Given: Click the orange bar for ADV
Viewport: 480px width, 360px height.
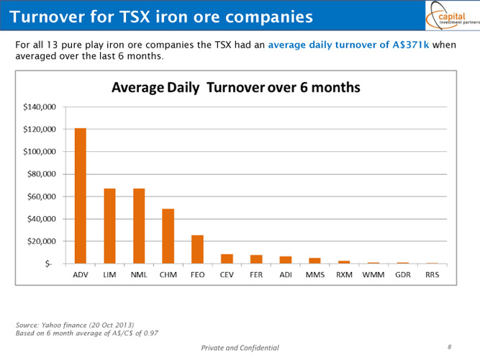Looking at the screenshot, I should coord(80,196).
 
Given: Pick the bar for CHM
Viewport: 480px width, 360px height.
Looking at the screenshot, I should coord(168,236).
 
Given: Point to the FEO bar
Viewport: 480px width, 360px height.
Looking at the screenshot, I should coord(197,249).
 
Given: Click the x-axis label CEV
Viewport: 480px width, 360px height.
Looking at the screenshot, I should coord(227,275).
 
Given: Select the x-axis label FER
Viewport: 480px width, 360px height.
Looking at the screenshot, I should coord(256,275).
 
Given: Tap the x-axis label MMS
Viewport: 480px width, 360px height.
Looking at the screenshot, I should coord(314,275).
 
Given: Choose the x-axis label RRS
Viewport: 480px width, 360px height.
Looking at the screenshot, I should coord(432,275).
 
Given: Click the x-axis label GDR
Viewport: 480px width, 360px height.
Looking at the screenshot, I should coord(402,275).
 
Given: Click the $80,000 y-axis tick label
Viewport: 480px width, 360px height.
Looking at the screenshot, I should coord(42,174).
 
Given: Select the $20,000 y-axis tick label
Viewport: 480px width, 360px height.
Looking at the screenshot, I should coord(42,241).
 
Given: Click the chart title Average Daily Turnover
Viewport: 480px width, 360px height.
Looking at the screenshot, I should coord(235,87).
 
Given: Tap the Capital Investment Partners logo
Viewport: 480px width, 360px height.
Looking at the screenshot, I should coord(450,15).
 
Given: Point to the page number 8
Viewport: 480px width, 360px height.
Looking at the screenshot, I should coord(449,347).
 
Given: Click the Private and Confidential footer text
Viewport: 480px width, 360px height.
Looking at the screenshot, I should coord(240,348).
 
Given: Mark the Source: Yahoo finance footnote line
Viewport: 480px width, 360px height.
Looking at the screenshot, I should coord(75,325).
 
